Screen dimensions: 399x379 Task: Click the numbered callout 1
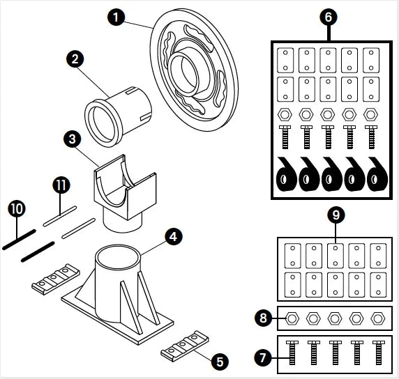point(116,17)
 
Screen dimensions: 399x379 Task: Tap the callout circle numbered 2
point(75,59)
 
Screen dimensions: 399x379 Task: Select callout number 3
point(73,139)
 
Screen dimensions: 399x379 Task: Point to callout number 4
point(174,237)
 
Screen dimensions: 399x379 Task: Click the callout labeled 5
point(220,362)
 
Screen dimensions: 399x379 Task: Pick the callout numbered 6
point(329,17)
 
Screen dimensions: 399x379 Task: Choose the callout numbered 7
point(263,357)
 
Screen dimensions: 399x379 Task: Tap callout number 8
point(263,318)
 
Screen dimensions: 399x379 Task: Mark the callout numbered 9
point(336,215)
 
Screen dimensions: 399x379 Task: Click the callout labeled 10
point(17,209)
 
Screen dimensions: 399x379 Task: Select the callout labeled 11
point(61,185)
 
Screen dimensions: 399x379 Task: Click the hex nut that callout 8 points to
point(292,318)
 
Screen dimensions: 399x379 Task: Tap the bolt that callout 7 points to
point(292,353)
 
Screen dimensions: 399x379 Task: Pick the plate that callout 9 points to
point(336,256)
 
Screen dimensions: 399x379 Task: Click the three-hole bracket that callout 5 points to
point(185,346)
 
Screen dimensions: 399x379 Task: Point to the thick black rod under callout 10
point(20,240)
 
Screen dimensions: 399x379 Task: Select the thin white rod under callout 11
point(60,216)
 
